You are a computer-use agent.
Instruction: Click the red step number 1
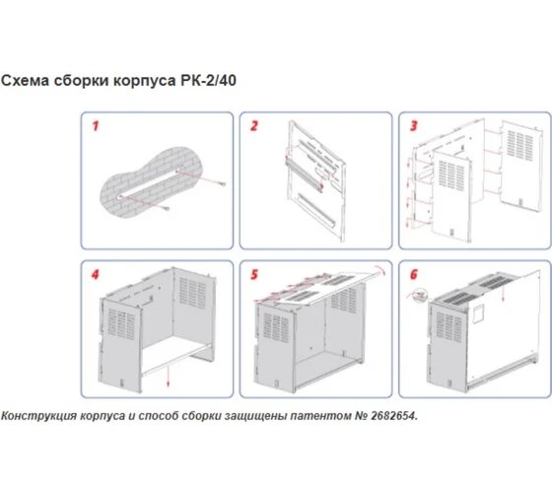(x=96, y=126)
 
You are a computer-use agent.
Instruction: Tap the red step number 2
(x=254, y=126)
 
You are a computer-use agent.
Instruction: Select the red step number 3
(x=414, y=126)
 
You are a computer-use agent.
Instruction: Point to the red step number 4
(x=96, y=274)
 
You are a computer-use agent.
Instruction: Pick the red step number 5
(x=254, y=274)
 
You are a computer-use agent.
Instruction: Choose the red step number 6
(x=414, y=274)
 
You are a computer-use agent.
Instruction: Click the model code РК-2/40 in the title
(x=208, y=81)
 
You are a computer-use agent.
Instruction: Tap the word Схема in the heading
(x=25, y=81)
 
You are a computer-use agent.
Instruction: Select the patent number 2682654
(x=393, y=416)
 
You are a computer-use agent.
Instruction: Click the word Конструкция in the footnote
(x=38, y=416)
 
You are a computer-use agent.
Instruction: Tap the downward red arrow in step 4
(x=169, y=376)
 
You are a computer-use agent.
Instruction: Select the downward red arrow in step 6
(x=503, y=293)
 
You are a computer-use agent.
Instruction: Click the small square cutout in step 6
(x=478, y=314)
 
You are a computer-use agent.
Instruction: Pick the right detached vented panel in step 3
(x=522, y=167)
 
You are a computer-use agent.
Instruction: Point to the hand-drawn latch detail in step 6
(x=418, y=295)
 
